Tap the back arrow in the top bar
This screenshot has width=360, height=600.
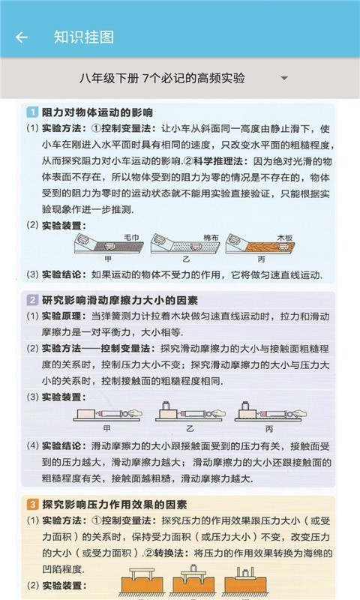[x=21, y=37]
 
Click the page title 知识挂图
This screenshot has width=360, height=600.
[x=84, y=37]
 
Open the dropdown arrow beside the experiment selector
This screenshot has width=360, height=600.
[x=283, y=78]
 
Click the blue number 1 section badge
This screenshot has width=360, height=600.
[x=32, y=112]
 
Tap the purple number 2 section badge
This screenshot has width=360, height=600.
[x=32, y=300]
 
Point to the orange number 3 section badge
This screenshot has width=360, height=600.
[x=32, y=503]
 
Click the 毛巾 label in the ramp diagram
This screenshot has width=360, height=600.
[x=130, y=237]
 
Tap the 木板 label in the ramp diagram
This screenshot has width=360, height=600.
[x=286, y=237]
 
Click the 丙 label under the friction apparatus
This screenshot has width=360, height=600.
[x=268, y=427]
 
